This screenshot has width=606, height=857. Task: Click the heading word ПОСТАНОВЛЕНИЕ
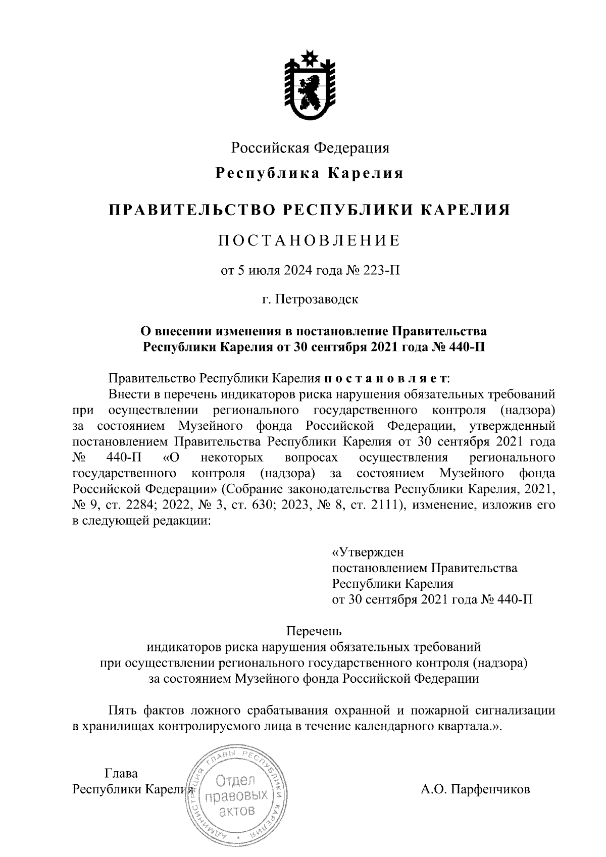(309, 241)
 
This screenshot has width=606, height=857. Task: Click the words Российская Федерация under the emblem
(310, 148)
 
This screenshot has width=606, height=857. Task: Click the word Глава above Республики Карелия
(121, 773)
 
